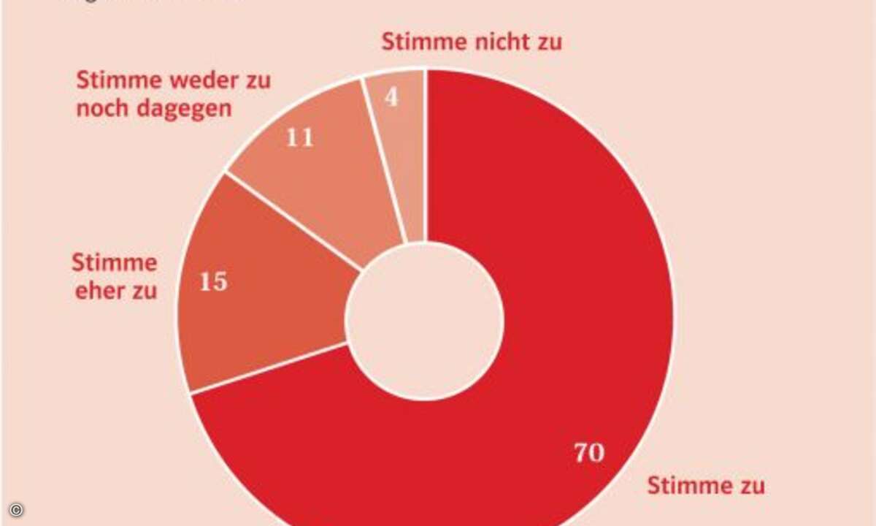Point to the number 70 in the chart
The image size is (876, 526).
[588, 453]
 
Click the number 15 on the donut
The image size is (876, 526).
[213, 282]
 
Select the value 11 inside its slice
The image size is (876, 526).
[299, 137]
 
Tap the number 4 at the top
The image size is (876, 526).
[392, 97]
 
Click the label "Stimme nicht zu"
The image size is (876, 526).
[472, 42]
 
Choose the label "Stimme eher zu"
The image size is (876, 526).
[115, 276]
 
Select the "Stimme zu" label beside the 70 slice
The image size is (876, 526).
[706, 485]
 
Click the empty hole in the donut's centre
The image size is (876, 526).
[425, 321]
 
